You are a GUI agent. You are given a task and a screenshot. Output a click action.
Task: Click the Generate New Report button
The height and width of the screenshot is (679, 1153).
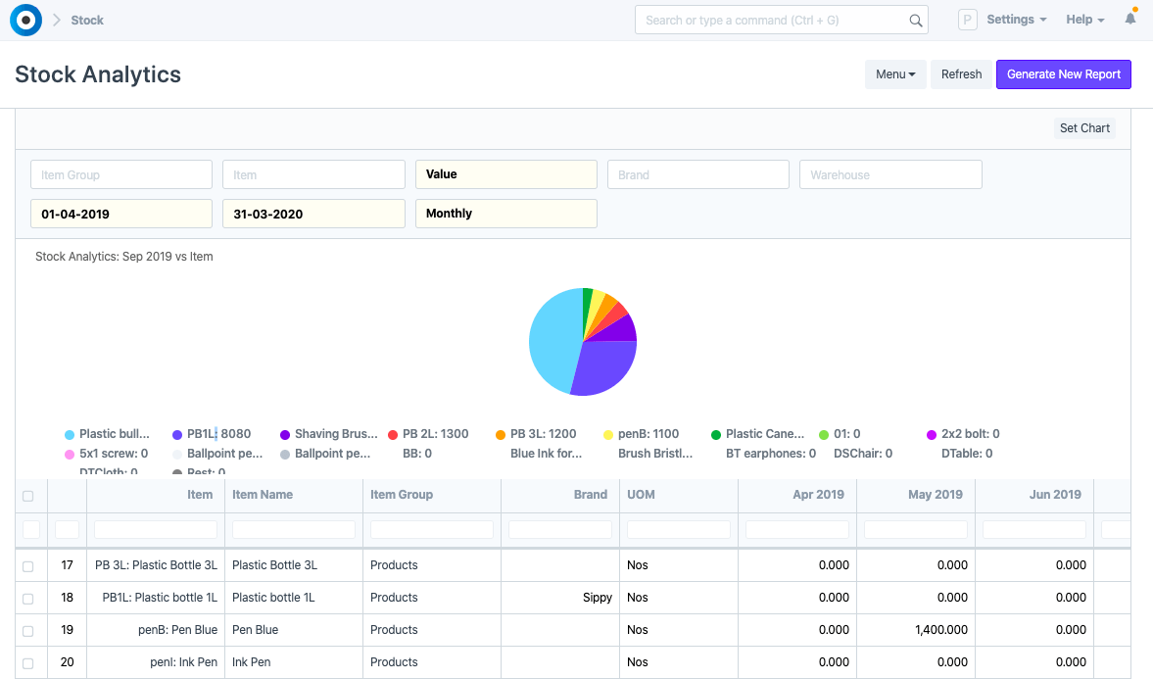tap(1063, 74)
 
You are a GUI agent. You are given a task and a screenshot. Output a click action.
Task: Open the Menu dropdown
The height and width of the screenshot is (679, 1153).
tap(895, 74)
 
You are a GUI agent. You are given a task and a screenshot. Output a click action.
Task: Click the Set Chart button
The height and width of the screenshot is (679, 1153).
tap(1084, 128)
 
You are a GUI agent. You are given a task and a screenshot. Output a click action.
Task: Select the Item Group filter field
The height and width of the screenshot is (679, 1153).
tap(121, 174)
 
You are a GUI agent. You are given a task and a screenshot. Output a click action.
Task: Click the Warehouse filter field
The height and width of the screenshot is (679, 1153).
tap(890, 174)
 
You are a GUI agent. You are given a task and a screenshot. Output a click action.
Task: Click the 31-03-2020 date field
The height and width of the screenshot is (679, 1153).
tap(313, 214)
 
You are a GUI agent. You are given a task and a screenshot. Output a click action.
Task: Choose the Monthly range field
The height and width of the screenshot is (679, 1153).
tap(505, 214)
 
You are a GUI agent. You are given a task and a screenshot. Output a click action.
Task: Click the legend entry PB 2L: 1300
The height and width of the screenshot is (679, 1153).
tap(435, 434)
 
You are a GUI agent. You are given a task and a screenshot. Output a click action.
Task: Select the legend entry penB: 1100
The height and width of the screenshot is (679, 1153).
tap(648, 434)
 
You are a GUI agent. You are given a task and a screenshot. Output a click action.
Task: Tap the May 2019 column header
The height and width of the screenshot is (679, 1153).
tap(916, 495)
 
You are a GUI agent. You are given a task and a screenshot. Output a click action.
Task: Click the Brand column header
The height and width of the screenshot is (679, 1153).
tap(559, 495)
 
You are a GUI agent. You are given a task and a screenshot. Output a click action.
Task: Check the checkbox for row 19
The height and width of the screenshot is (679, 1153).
tap(27, 630)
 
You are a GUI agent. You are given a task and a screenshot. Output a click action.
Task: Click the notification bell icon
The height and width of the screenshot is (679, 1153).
tap(1130, 20)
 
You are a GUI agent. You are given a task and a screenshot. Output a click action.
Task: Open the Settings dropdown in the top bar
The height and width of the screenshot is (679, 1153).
tap(1016, 20)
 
